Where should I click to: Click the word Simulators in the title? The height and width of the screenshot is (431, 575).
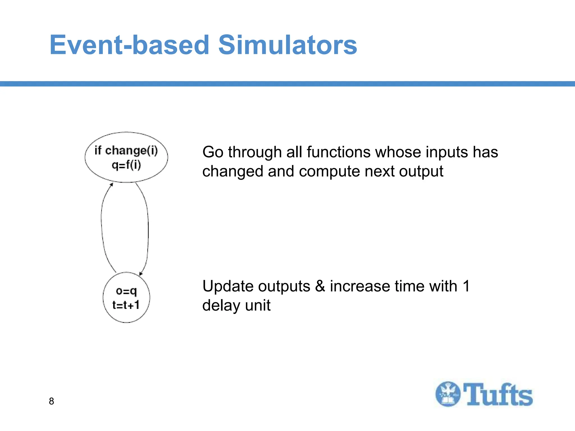[287, 45]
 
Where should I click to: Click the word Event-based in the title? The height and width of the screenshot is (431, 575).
[129, 45]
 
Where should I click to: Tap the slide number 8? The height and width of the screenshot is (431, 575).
[51, 401]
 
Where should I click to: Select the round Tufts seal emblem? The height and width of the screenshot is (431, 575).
[448, 394]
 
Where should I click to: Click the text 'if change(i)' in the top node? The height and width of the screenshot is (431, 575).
[126, 150]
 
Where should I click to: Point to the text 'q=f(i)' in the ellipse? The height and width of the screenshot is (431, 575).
[126, 165]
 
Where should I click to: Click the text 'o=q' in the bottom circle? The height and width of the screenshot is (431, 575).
[126, 291]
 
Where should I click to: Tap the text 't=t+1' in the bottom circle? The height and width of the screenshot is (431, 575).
[126, 305]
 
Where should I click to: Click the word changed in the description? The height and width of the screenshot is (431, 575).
[233, 171]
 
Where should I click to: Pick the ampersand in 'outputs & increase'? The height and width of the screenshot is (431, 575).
[320, 286]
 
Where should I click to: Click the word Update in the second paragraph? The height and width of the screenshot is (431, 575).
[228, 286]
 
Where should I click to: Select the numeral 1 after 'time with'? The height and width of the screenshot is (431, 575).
[466, 286]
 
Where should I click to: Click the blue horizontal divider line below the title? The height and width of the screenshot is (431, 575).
[287, 84]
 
